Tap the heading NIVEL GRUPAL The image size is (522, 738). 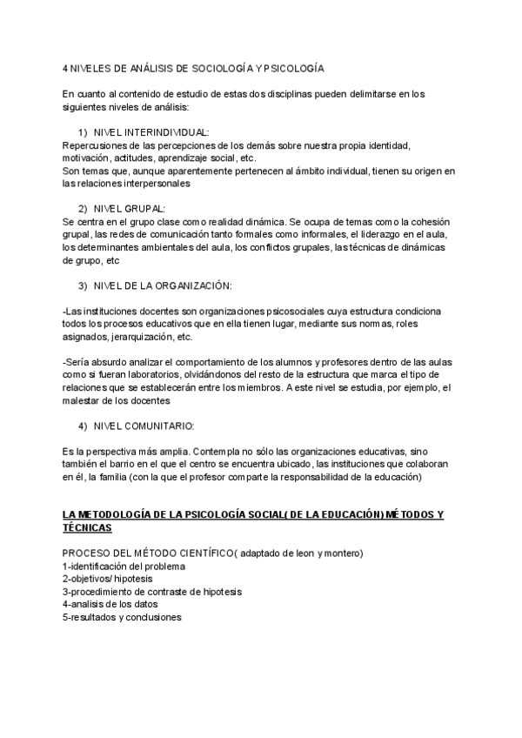coord(129,210)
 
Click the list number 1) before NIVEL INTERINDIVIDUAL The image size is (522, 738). coord(84,131)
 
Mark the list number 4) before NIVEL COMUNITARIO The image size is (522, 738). coord(84,426)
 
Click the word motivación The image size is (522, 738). coord(84,158)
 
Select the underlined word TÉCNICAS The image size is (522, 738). coord(87,528)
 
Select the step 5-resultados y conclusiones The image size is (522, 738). coord(122,617)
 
